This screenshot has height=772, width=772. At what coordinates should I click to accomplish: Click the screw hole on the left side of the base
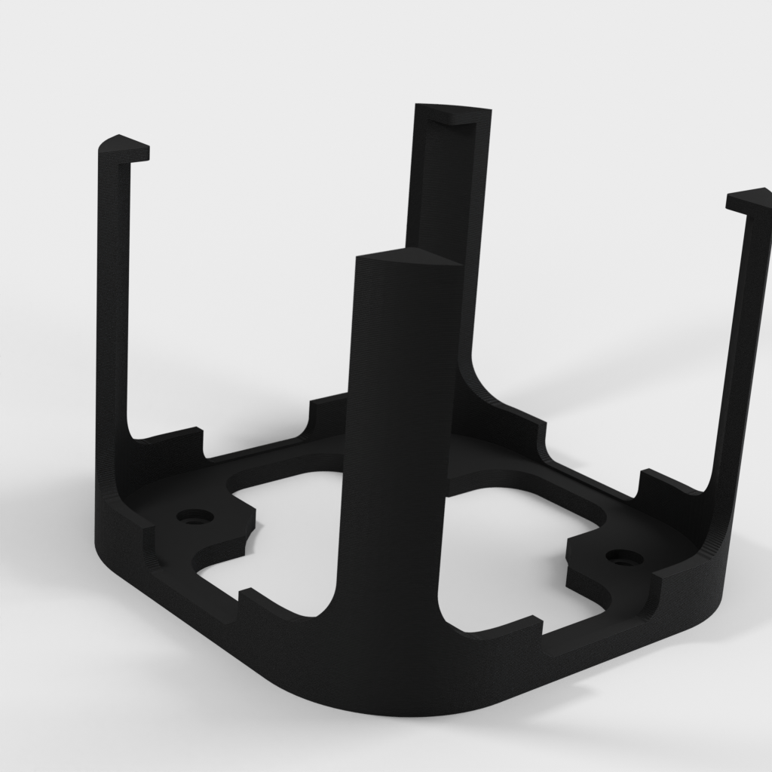point(195,517)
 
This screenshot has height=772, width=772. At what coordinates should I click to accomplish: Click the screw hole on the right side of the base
point(623,559)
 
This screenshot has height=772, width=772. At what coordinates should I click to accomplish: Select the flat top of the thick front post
point(407,260)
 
